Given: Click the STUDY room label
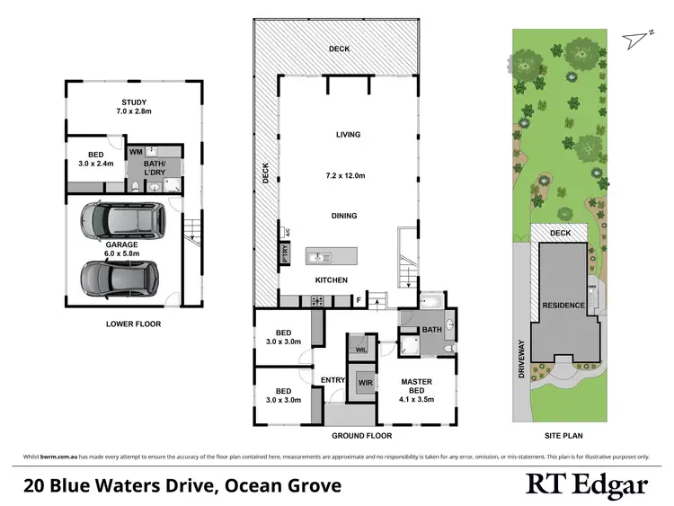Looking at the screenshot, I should pyautogui.click(x=134, y=102).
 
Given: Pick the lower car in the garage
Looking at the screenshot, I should pyautogui.click(x=120, y=278).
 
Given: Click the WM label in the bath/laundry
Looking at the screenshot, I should pyautogui.click(x=136, y=153).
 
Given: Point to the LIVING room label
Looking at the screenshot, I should pyautogui.click(x=348, y=135).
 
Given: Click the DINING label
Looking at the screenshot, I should pyautogui.click(x=344, y=216).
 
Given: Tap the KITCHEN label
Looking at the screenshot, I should pyautogui.click(x=331, y=280).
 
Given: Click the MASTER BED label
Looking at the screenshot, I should pyautogui.click(x=416, y=387).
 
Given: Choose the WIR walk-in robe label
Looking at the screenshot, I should pyautogui.click(x=365, y=383).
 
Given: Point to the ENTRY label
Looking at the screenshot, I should pyautogui.click(x=333, y=380).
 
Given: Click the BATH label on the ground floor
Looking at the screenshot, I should pyautogui.click(x=432, y=330).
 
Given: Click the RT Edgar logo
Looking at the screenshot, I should pyautogui.click(x=586, y=485).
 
